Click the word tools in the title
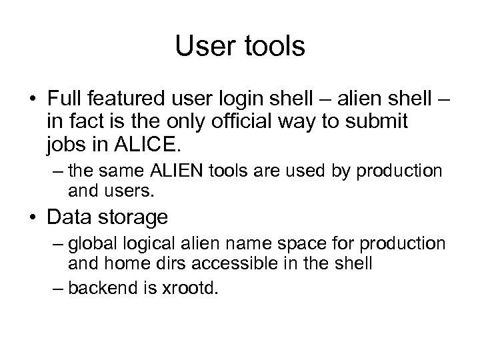click(x=273, y=47)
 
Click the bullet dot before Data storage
click(x=33, y=218)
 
